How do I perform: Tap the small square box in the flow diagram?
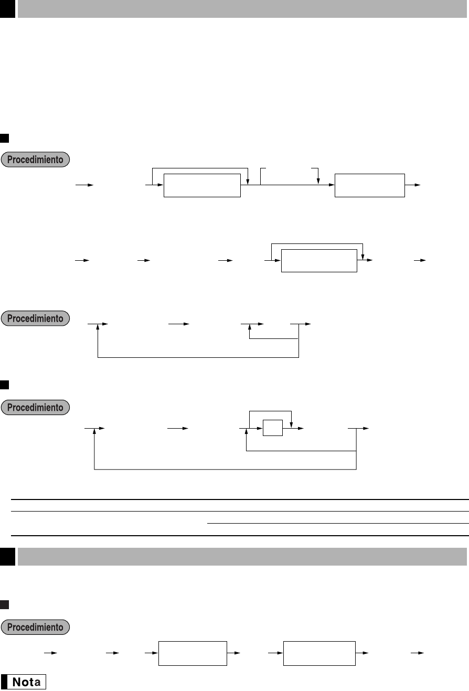coord(273,428)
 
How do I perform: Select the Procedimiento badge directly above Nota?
coord(35,627)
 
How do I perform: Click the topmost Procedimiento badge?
coord(35,160)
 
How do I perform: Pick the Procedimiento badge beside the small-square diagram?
coord(35,407)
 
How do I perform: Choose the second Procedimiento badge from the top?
coord(35,318)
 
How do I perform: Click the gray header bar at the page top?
coord(242,8)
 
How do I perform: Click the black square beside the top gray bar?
coord(7,8)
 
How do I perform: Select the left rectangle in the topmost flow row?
coord(202,185)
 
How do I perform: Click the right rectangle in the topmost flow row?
coord(370,185)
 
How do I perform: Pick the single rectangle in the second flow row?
coord(319,260)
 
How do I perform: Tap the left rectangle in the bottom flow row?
coord(193,653)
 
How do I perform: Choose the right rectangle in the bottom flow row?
coord(319,653)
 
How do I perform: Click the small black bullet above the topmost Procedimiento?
coord(4,138)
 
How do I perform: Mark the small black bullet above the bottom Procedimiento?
coord(4,605)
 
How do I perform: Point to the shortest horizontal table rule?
coord(338,523)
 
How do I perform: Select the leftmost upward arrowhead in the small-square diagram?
coord(94,431)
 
